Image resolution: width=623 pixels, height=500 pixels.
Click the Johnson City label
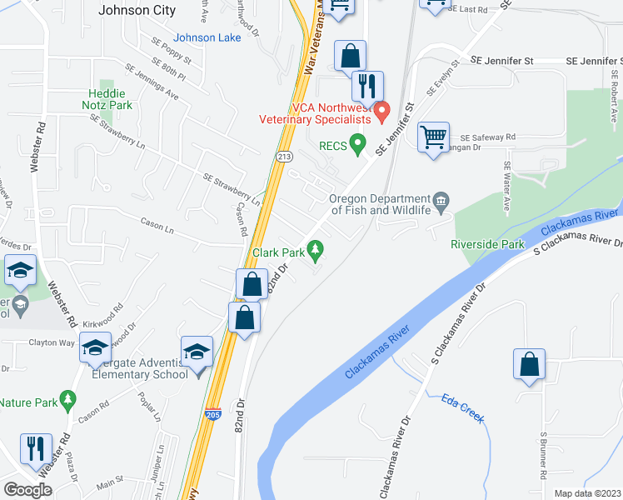[137, 11]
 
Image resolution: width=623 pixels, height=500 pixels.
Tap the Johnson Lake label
[208, 37]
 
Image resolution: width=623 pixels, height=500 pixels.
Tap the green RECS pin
[358, 145]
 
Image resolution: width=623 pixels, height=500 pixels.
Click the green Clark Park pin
[316, 249]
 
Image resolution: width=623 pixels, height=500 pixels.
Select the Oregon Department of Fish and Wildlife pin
[441, 201]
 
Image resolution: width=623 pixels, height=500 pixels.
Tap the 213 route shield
[284, 156]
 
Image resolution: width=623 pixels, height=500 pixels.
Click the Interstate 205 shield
[214, 412]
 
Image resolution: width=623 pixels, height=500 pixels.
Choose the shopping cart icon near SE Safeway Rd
[433, 136]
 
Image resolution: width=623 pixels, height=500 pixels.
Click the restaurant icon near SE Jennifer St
[367, 85]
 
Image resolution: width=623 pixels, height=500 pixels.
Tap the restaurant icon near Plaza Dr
[36, 447]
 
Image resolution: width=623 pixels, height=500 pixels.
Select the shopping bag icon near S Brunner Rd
[529, 363]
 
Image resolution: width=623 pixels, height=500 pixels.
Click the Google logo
[27, 489]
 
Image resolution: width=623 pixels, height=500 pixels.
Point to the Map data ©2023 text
[588, 493]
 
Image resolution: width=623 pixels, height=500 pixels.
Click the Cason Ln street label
[157, 224]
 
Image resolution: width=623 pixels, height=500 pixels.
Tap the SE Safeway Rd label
[488, 137]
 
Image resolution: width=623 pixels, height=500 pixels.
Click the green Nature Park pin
[68, 402]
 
